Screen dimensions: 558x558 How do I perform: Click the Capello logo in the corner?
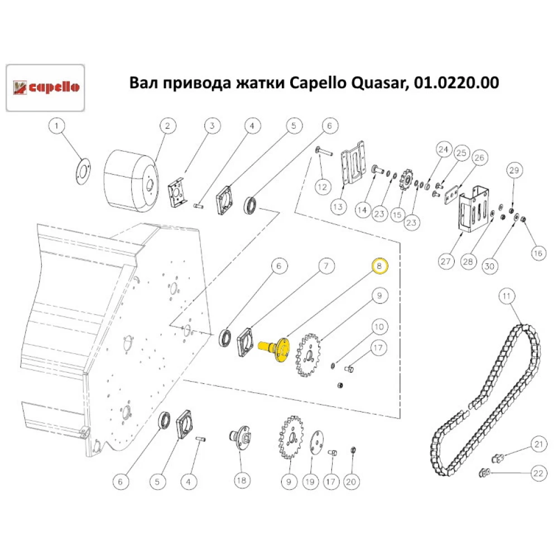45,88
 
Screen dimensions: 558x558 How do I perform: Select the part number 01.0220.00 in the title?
456,83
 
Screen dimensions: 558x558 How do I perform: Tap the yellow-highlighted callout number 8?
379,266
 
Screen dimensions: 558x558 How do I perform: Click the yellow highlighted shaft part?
274,349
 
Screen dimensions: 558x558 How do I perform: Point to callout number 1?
56,126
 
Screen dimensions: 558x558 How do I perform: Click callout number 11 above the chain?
507,296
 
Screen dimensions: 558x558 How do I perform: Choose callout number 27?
446,262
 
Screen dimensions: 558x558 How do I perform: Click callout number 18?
241,481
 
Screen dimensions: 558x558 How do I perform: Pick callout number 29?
514,170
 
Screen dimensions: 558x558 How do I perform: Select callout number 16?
538,253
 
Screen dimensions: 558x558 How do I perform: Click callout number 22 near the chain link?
538,473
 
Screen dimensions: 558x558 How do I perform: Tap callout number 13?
338,207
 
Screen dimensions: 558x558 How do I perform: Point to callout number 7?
326,266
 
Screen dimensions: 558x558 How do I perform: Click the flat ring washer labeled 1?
83,171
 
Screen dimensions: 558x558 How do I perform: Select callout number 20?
351,482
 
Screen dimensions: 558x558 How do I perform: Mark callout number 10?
379,326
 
